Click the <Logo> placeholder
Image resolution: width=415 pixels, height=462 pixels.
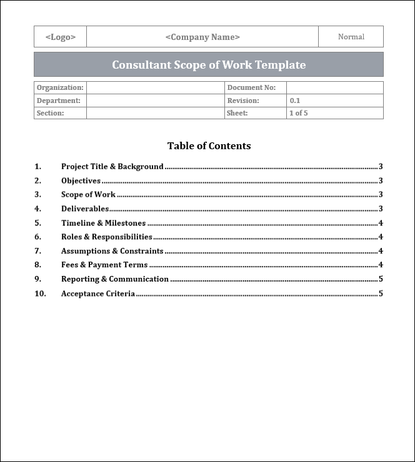(x=61, y=37)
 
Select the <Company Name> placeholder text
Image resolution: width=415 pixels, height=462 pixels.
(x=202, y=37)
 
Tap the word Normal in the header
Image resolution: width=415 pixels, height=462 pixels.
(x=351, y=37)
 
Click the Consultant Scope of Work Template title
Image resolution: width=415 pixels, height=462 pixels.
(x=209, y=65)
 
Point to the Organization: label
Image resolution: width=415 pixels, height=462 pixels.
(x=60, y=88)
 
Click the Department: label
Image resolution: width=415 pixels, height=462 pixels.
(x=59, y=101)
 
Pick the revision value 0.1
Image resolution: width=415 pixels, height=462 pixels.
(x=295, y=101)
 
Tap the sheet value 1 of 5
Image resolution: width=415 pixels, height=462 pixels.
(x=299, y=113)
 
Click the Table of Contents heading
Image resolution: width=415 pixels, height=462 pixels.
(x=209, y=146)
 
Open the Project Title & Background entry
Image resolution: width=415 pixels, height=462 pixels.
(x=112, y=167)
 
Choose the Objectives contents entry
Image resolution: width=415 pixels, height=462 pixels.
(x=81, y=180)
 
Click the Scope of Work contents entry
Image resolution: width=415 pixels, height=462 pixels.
(x=89, y=195)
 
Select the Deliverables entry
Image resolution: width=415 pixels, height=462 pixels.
(x=85, y=209)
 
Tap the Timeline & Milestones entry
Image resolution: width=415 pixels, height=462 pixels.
(x=104, y=223)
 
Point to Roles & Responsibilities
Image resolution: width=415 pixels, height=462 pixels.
(x=107, y=237)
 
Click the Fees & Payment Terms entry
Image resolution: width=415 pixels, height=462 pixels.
(x=104, y=265)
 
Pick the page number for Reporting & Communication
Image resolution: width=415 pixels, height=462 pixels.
(x=381, y=279)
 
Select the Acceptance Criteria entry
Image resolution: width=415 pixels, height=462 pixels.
(x=98, y=293)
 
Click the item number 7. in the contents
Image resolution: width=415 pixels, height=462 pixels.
(x=38, y=251)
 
